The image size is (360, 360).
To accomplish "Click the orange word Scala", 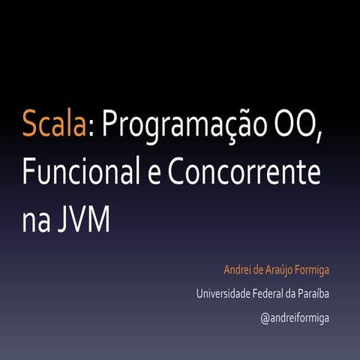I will pos(53,124).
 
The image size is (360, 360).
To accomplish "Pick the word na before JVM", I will pos(36,221).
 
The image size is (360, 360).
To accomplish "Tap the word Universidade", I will pos(223,293).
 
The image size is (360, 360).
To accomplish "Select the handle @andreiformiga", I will pos(295,318).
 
